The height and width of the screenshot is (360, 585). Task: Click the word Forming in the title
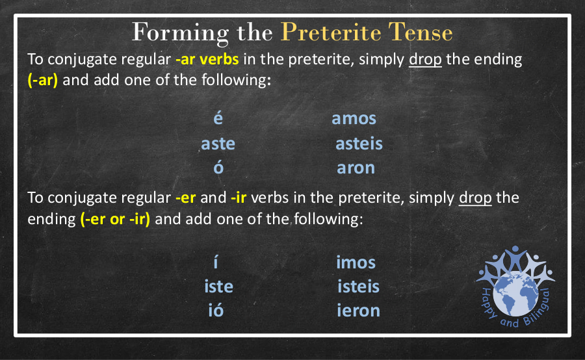click(180, 33)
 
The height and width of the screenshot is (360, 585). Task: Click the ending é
click(218, 118)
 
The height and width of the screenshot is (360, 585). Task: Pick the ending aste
click(218, 144)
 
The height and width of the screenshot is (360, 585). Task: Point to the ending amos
click(354, 119)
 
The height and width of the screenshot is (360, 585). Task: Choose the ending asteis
click(359, 144)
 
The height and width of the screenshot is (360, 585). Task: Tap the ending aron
click(356, 168)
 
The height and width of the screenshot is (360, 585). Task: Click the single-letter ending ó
click(218, 167)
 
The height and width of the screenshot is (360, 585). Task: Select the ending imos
click(356, 263)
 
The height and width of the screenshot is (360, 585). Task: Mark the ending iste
click(218, 287)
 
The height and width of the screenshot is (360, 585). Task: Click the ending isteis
click(359, 287)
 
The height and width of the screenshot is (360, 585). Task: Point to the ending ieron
click(359, 311)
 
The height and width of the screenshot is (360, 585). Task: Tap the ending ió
click(216, 309)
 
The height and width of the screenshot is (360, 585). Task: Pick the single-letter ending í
click(216, 261)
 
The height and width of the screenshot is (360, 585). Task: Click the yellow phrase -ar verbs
click(207, 60)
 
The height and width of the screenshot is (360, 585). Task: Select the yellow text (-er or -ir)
click(115, 219)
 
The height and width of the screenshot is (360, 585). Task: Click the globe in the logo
click(515, 295)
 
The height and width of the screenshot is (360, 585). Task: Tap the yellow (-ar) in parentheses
click(43, 80)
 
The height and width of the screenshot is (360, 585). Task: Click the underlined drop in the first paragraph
click(425, 60)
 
